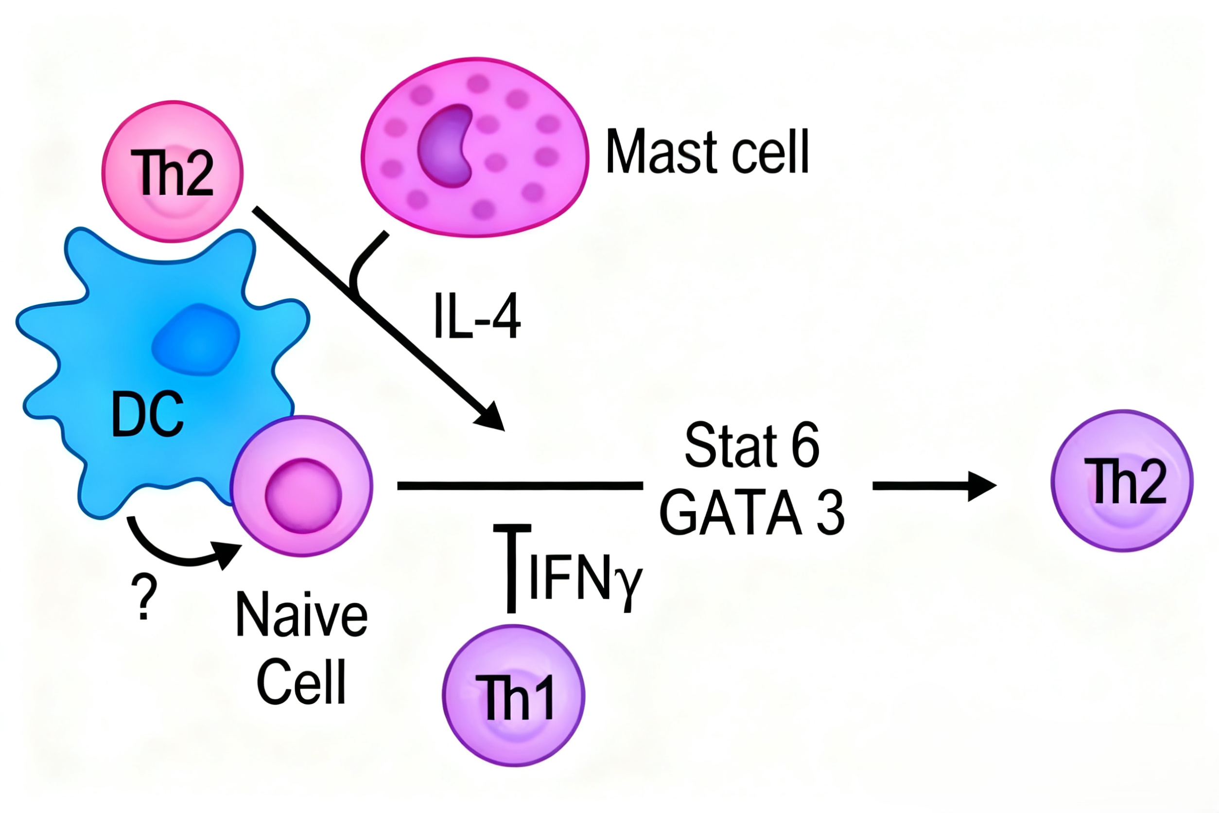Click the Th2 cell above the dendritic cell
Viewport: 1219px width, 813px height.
click(x=172, y=172)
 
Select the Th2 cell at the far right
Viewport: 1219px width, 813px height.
click(x=1122, y=481)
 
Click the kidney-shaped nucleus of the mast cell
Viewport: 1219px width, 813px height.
click(x=446, y=146)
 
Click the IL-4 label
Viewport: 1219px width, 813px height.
click(x=477, y=316)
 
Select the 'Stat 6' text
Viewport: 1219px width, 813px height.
click(x=751, y=445)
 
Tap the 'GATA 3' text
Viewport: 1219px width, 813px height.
click(x=751, y=513)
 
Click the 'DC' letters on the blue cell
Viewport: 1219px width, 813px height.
click(x=148, y=413)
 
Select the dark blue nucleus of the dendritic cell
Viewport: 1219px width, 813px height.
click(x=196, y=339)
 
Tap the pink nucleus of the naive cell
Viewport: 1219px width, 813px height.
click(x=303, y=495)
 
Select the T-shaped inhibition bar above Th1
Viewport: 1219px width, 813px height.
click(x=511, y=565)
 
